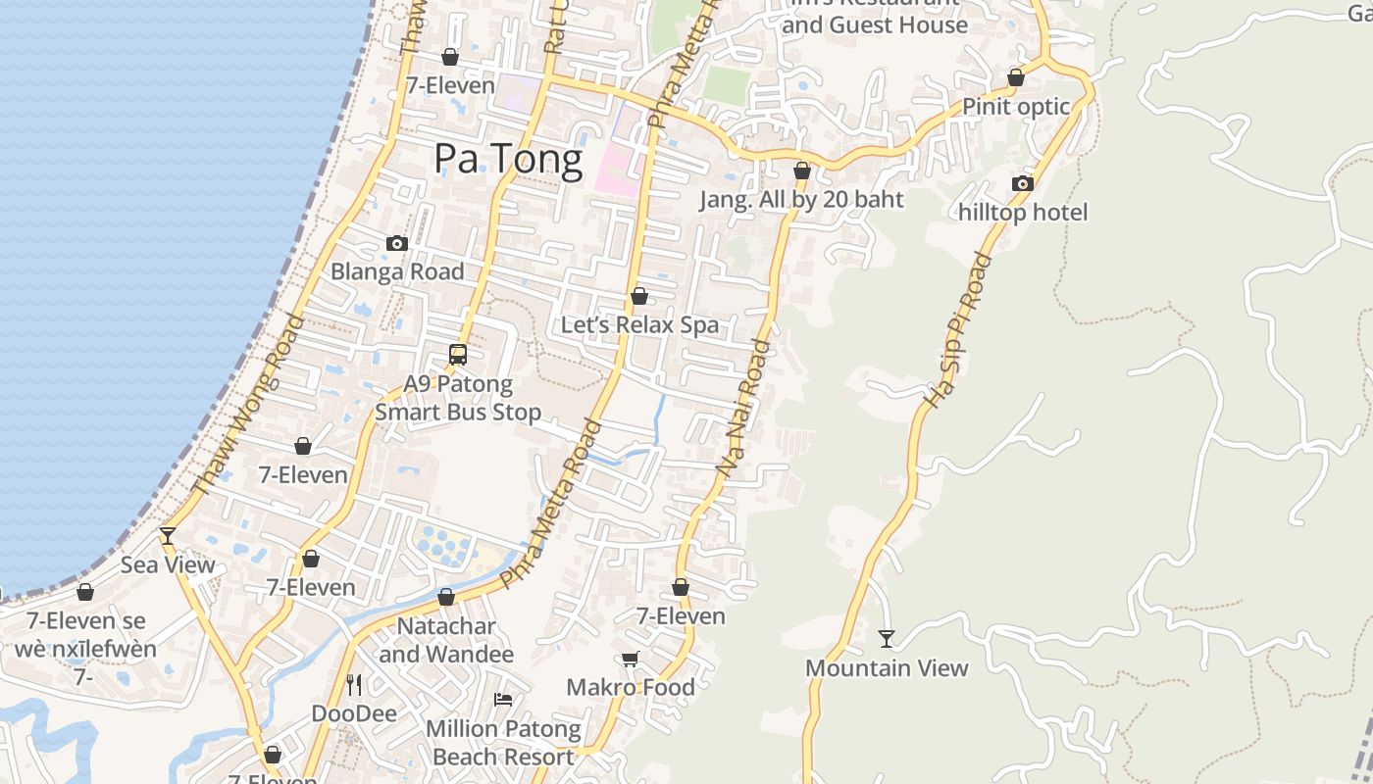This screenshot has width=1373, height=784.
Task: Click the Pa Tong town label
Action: [x=508, y=158]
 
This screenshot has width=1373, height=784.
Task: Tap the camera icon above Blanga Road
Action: [x=397, y=243]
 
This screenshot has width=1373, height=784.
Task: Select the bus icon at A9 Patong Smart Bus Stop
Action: [x=458, y=355]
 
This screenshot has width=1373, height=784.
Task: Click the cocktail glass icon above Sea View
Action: [x=168, y=536]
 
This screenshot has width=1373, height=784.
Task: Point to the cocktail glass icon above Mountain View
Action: [x=887, y=639]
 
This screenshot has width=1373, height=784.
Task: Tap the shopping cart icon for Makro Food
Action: [x=630, y=660]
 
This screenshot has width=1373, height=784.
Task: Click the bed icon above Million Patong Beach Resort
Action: [x=503, y=700]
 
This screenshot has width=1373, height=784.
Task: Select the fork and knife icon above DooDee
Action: [x=354, y=684]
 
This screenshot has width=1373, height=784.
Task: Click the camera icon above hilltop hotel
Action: [x=1023, y=183]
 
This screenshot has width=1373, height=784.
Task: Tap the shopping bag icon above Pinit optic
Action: [x=1016, y=76]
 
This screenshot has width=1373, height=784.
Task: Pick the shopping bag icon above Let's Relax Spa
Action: [x=639, y=295]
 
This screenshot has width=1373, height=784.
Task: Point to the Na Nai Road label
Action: [x=743, y=409]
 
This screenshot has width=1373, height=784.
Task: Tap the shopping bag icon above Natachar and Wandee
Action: [x=446, y=596]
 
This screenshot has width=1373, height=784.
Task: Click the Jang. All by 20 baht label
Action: [x=801, y=200]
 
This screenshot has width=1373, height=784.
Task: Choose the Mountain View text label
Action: [x=887, y=668]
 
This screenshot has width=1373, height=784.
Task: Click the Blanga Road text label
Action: [x=397, y=271]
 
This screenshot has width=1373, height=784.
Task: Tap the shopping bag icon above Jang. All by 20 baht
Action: [x=802, y=171]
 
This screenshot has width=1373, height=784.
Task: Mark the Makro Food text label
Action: [x=631, y=687]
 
